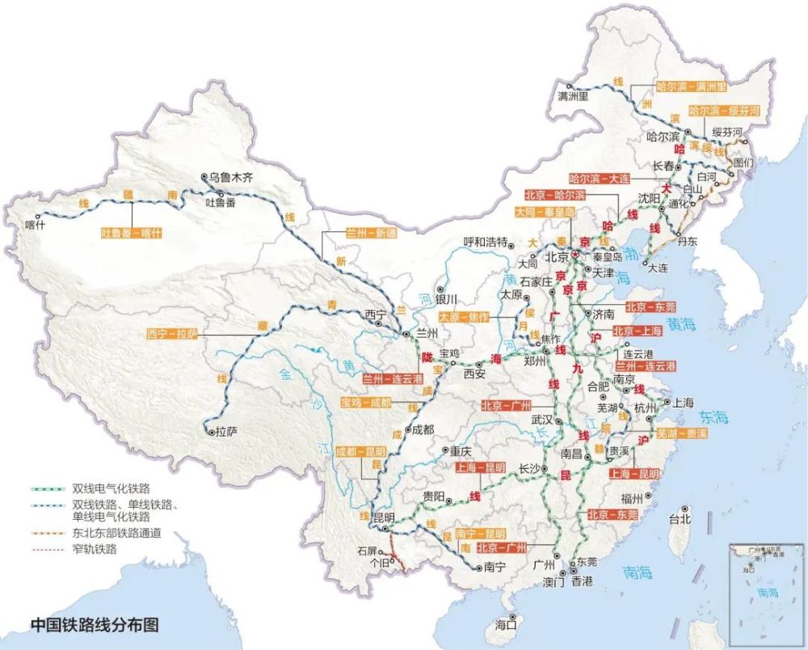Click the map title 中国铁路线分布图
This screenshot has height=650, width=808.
tap(95, 624)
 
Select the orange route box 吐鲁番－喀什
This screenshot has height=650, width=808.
tap(132, 233)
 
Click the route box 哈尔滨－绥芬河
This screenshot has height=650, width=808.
tap(724, 111)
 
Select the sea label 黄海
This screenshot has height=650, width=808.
tap(682, 325)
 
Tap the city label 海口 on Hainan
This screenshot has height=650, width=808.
tap(507, 623)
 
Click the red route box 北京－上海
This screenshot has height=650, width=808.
tap(638, 331)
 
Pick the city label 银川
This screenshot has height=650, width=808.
tap(448, 298)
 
